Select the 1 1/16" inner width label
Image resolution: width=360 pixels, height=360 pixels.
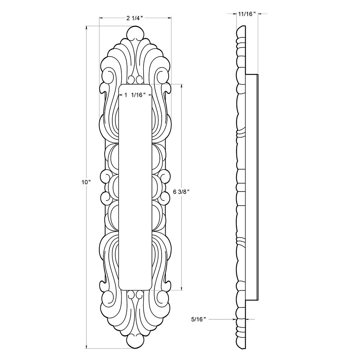tap(135, 95)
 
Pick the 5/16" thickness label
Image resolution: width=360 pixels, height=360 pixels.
tap(198, 319)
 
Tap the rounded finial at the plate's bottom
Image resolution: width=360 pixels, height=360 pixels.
tap(135, 340)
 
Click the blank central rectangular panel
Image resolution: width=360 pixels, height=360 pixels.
tap(135, 187)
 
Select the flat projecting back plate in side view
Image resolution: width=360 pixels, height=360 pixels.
tap(252, 187)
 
